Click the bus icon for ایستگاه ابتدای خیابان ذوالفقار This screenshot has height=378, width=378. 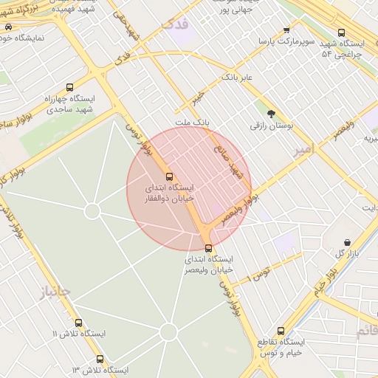click(x=170, y=176)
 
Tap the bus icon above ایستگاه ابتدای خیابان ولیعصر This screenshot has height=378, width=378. click(x=208, y=248)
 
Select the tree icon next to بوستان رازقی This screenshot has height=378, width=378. click(x=271, y=113)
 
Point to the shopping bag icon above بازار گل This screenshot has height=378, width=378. click(x=347, y=242)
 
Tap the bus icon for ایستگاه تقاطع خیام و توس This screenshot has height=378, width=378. click(x=281, y=331)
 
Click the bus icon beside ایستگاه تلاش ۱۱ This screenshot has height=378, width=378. click(x=79, y=323)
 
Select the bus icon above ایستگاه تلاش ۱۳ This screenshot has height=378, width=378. click(x=100, y=358)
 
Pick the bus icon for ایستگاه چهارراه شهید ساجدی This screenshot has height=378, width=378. click(x=69, y=87)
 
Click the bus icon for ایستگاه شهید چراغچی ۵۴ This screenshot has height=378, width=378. click(x=340, y=32)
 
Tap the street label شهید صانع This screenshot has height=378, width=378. click(x=236, y=161)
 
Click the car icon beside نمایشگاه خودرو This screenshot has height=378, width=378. click(x=7, y=27)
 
